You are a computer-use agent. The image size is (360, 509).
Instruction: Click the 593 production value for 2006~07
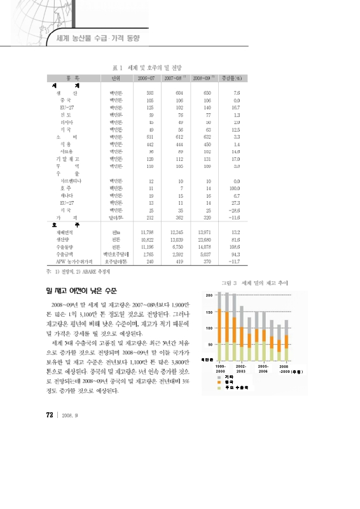coord(150,94)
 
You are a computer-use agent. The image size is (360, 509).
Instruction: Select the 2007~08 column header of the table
coord(174,78)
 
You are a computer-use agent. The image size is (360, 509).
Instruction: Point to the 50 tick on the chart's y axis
coord(210,344)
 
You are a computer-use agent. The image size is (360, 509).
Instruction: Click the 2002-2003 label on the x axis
coord(241,369)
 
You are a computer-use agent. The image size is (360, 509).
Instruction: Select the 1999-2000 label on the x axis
coord(221,369)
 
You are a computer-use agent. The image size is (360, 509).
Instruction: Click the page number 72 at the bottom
coord(49,415)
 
